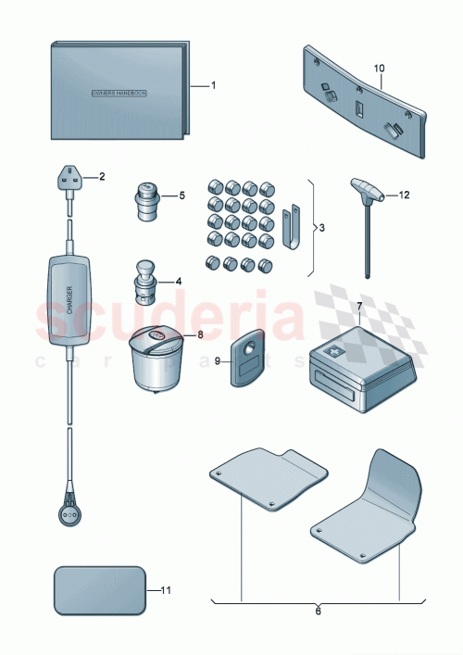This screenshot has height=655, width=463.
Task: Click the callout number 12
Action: point(404,195)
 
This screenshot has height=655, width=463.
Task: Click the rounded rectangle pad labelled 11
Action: point(101,590)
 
